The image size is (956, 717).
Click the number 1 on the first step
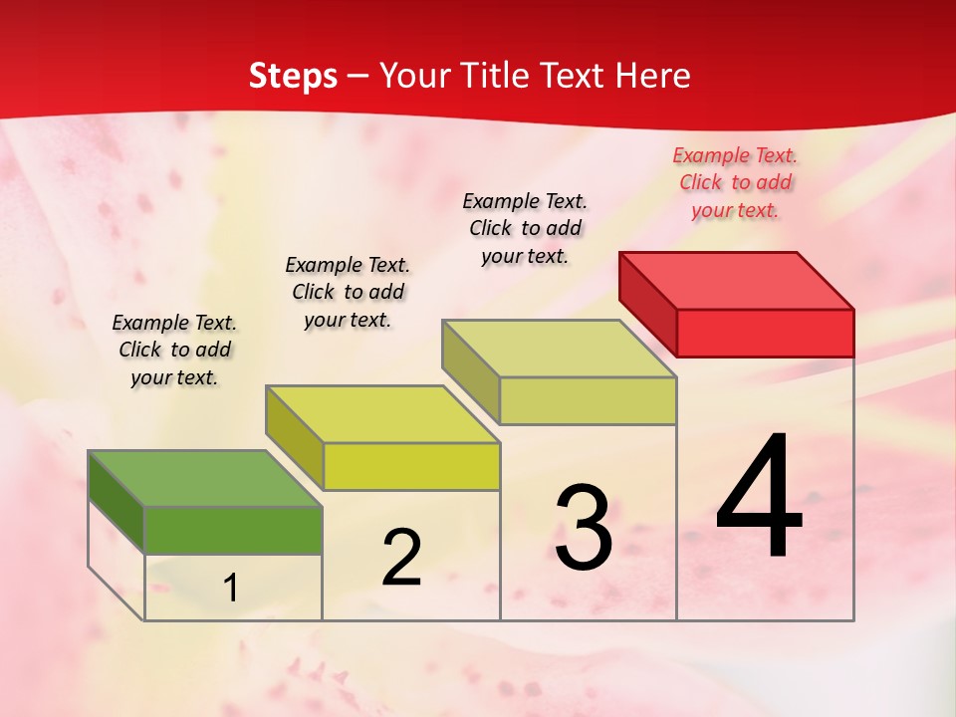(231, 589)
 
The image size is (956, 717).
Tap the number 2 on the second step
(401, 558)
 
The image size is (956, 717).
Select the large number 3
(584, 527)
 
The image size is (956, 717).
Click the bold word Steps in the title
(293, 76)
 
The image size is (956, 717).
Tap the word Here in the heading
(652, 76)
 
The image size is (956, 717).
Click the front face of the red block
(765, 333)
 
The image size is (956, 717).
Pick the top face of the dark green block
(205, 478)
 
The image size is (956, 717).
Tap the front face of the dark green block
(233, 530)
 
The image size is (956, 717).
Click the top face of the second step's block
(382, 413)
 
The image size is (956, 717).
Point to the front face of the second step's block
(411, 466)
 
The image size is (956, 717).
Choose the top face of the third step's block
(560, 349)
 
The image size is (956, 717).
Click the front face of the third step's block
(588, 400)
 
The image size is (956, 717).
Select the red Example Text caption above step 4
(735, 182)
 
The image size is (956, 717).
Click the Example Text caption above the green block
(174, 350)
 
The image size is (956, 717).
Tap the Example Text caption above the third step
(525, 228)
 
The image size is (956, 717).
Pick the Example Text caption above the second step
(348, 292)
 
